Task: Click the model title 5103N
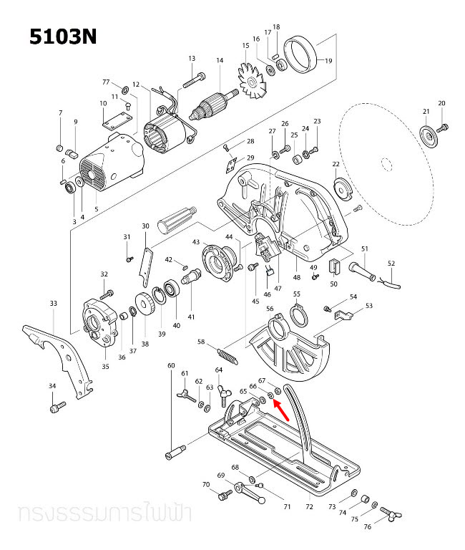(62, 37)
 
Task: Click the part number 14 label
(220, 61)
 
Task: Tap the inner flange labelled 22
(341, 190)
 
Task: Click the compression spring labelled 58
(227, 355)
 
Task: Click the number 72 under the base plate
(309, 506)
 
